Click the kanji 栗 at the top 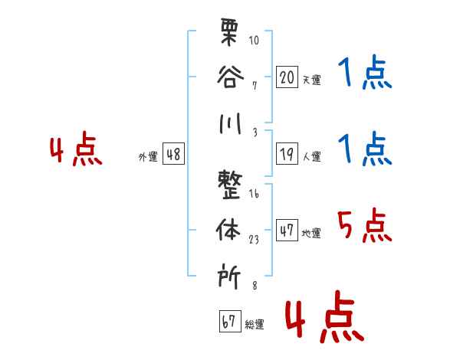click(229, 32)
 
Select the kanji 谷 click(230, 77)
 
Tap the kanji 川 click(230, 123)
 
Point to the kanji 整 click(230, 185)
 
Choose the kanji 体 click(228, 230)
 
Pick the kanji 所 click(229, 277)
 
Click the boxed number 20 click(287, 77)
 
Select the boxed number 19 click(287, 154)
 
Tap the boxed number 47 click(287, 230)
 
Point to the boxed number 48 click(173, 154)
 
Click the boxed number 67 click(230, 321)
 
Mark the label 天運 click(312, 80)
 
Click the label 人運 click(312, 156)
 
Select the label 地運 click(311, 233)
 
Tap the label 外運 click(148, 156)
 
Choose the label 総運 click(255, 324)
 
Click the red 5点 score click(364, 225)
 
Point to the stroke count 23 click(254, 240)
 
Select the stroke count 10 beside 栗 click(254, 40)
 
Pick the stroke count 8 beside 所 click(255, 285)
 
